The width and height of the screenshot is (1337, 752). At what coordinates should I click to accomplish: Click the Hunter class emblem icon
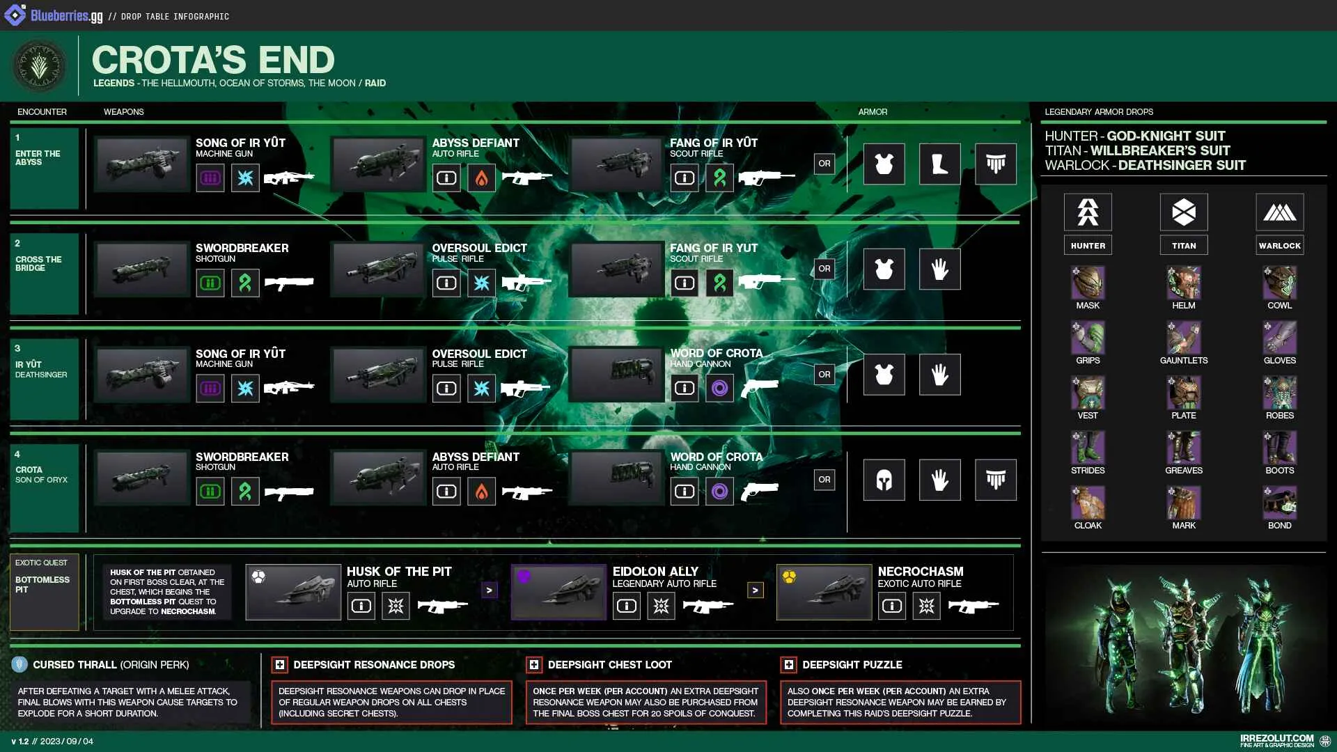point(1088,212)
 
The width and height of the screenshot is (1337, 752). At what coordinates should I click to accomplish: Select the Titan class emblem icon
point(1184,212)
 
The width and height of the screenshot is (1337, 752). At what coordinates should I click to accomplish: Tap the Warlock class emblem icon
point(1280,212)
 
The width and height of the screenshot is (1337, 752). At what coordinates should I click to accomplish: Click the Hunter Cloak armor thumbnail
point(1088,503)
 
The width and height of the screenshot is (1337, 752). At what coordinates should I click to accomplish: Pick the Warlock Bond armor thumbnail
point(1280,503)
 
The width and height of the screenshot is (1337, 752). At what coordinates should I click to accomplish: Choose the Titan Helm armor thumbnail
point(1184,283)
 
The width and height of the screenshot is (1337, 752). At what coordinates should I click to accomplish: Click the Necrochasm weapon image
point(824,592)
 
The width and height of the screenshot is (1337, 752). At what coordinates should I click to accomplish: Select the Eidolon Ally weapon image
point(558,592)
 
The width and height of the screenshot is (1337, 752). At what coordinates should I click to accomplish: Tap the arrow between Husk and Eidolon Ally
point(490,590)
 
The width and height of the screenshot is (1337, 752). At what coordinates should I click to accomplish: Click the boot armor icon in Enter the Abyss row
point(940,164)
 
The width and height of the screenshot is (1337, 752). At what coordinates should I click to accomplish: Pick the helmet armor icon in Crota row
point(884,480)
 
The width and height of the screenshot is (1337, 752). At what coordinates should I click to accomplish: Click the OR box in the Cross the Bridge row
point(824,269)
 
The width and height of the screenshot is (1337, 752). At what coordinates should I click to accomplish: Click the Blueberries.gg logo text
point(67,16)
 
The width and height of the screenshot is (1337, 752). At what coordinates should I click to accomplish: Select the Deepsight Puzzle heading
point(852,665)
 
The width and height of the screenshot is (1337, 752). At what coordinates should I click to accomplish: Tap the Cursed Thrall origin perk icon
point(19,664)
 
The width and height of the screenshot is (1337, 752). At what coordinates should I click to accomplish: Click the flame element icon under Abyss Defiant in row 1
point(482,178)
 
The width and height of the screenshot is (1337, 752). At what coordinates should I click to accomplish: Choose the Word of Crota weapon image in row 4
point(616,477)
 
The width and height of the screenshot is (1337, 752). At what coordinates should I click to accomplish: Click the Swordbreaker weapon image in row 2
point(142,269)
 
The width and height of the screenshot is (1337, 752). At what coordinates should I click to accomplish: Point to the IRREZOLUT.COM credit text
point(1277,738)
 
